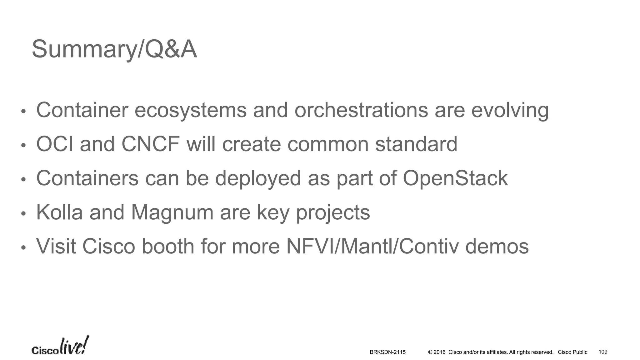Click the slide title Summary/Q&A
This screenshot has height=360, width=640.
click(114, 49)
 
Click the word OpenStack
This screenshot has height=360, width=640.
click(455, 178)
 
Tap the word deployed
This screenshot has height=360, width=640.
click(258, 178)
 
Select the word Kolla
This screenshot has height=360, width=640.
click(59, 212)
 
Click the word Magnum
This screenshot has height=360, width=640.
click(172, 212)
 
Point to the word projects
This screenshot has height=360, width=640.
click(333, 213)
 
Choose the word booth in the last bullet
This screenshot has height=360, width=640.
click(168, 247)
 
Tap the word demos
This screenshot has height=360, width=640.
click(497, 247)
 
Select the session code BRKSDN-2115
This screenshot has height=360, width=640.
click(387, 352)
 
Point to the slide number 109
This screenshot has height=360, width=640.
click(603, 352)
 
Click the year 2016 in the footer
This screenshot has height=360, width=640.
click(439, 352)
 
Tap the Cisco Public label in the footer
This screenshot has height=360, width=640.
click(572, 352)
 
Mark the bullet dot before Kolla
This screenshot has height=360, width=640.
click(23, 214)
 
